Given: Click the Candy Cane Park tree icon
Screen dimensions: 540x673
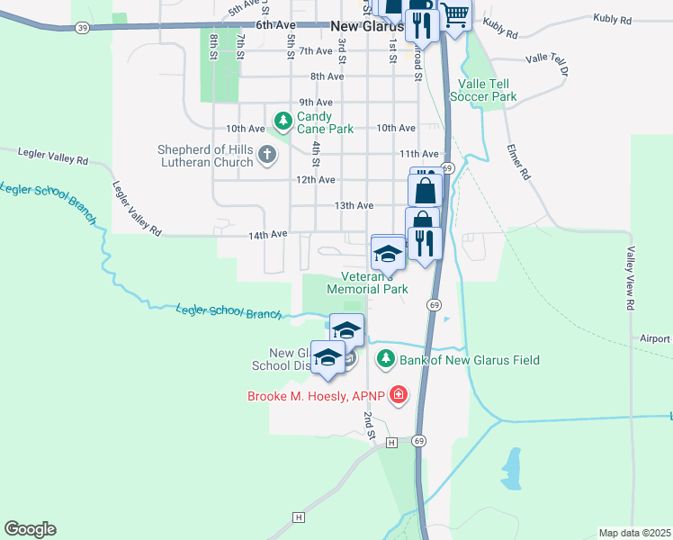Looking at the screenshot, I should click(x=283, y=119).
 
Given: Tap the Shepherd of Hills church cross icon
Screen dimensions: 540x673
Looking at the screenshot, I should click(x=267, y=155).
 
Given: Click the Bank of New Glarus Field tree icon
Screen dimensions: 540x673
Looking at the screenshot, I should click(x=386, y=360).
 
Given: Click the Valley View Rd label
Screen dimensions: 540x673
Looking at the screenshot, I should click(x=632, y=278).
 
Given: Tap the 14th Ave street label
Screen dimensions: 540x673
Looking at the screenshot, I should click(x=268, y=234).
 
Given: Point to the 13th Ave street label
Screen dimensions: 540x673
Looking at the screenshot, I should click(x=354, y=205).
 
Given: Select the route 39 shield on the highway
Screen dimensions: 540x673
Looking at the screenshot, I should click(x=83, y=28).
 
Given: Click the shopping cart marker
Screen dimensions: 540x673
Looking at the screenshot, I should click(x=455, y=15).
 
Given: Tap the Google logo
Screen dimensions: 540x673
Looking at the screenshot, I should click(x=30, y=529).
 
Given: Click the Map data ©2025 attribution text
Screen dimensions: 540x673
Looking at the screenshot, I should click(x=634, y=533).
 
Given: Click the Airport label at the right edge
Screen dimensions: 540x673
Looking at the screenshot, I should click(x=655, y=338).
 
